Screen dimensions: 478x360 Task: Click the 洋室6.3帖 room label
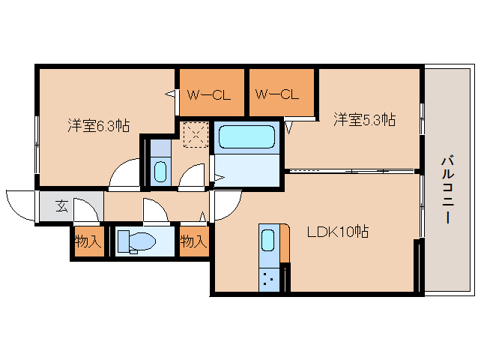[98, 126]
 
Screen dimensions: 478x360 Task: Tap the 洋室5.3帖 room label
[365, 119]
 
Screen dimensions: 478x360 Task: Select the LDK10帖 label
[338, 232]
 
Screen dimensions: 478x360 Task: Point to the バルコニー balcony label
[447, 190]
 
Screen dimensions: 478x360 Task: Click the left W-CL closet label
[209, 95]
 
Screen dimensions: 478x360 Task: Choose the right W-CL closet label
[276, 94]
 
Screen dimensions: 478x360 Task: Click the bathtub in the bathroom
[246, 137]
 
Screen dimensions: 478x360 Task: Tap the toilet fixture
[136, 241]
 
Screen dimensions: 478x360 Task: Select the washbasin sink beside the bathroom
[160, 172]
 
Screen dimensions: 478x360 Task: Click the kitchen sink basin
[267, 240]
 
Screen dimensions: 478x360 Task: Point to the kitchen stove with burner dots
[269, 280]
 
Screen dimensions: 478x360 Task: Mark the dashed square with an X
[196, 134]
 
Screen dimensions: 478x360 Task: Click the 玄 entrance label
[61, 206]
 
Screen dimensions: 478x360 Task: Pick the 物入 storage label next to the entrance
[88, 241]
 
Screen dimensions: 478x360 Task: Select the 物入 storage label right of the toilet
[193, 241]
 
